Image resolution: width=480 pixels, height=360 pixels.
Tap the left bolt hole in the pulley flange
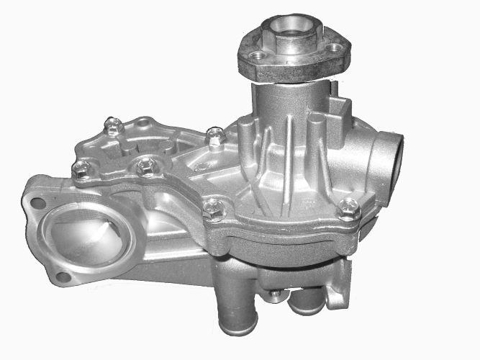click(256, 55)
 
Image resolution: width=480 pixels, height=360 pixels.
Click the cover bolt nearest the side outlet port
click(349, 209)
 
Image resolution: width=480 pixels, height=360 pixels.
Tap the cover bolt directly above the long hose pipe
click(212, 210)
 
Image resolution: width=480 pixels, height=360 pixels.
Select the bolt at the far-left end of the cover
click(80, 170)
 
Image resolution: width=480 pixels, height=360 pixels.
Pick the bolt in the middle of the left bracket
click(146, 167)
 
